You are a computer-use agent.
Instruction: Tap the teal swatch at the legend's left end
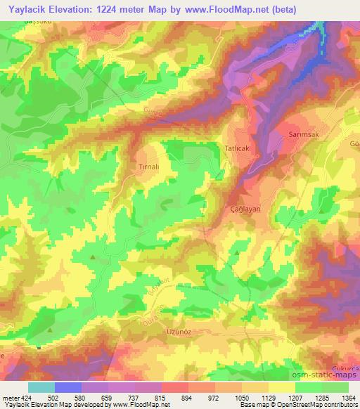click(x=41, y=387)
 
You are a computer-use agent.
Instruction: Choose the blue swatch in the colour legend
click(x=68, y=387)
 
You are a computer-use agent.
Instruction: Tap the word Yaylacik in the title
click(x=27, y=9)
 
